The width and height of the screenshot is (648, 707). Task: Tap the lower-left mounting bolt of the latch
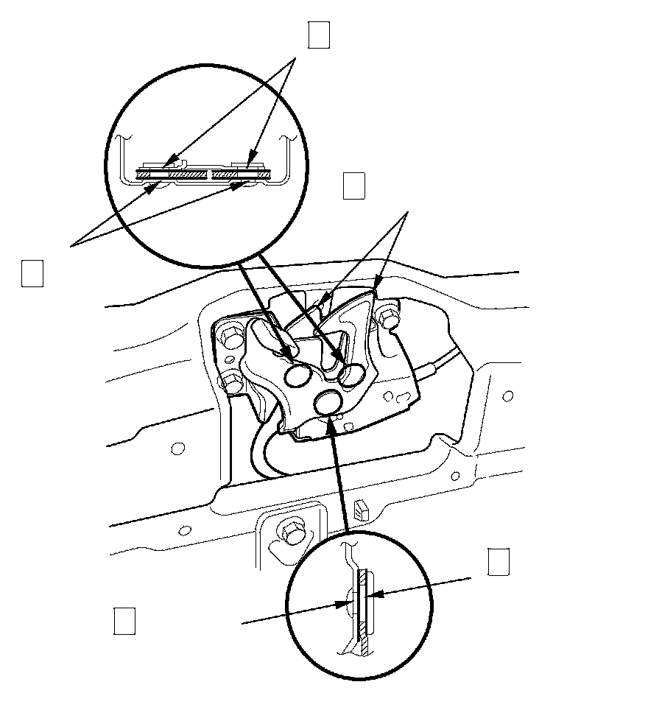pos(232,382)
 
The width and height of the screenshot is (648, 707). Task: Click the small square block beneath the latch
pos(361,508)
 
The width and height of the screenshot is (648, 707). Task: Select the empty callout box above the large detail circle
pos(318,35)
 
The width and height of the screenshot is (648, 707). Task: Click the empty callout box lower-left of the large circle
pos(32,272)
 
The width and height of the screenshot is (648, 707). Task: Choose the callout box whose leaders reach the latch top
pos(354,186)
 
